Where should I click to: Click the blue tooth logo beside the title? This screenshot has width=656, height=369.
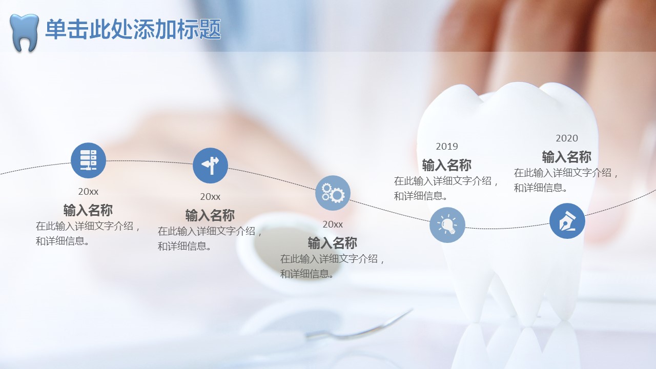click(24, 32)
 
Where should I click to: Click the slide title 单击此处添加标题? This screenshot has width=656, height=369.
click(133, 29)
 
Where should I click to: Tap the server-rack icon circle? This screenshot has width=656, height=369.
click(89, 160)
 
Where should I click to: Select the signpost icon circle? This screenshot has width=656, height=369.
click(210, 166)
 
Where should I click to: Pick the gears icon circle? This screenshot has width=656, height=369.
click(333, 193)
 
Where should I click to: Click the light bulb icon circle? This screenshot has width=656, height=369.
click(447, 225)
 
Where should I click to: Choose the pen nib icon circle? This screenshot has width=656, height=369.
click(567, 221)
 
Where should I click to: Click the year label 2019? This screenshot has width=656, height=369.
click(447, 147)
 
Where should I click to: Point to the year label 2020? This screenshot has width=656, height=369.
click(567, 138)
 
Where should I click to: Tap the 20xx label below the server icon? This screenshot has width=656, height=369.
click(88, 192)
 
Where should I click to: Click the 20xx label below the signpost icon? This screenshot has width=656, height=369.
click(210, 197)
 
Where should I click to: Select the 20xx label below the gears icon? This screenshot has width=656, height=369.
click(333, 224)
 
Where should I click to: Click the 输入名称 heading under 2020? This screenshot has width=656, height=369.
click(567, 157)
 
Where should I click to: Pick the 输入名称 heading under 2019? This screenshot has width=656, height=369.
click(446, 165)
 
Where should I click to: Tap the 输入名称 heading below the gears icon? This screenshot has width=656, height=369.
click(333, 243)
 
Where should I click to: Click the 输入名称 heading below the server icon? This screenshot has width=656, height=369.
click(88, 210)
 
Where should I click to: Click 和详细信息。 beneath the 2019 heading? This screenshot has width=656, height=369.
click(421, 196)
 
